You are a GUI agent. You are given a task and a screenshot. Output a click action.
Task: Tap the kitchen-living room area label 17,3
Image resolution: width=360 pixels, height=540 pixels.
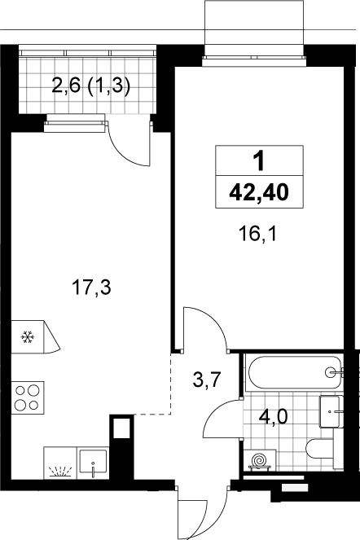point(91,288)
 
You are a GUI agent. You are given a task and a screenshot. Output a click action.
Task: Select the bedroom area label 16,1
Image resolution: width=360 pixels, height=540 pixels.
point(257,235)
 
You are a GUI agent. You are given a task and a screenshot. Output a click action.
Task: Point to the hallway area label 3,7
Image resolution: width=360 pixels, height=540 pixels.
point(206,380)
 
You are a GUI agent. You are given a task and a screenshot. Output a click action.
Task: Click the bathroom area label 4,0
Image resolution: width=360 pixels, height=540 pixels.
point(273,417)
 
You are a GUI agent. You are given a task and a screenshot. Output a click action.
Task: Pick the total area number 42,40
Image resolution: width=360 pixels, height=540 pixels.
point(259,192)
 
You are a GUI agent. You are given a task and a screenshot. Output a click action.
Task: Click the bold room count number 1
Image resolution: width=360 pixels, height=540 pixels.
point(258,161)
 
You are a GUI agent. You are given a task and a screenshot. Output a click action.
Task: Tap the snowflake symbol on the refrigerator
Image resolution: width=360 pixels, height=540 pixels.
point(28,336)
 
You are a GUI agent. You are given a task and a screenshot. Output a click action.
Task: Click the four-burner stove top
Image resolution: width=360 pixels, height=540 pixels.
point(28,397)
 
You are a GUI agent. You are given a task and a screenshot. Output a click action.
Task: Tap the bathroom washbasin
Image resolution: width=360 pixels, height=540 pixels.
point(331,411)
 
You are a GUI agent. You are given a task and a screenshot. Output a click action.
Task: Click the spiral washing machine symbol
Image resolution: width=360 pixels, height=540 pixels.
point(260,460)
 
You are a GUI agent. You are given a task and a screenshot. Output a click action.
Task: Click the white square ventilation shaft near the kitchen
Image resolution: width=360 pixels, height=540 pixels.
point(122,428)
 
